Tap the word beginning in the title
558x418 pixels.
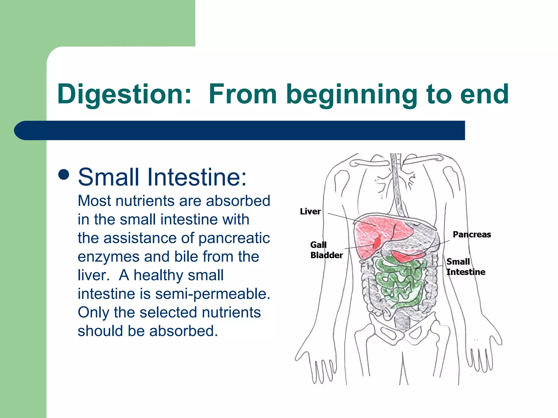(351, 94)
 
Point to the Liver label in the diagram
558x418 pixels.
(310, 211)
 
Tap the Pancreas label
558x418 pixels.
(472, 234)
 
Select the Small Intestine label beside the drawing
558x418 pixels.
(465, 267)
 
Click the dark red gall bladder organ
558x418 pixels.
(378, 242)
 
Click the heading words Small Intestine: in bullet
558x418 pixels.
(162, 177)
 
